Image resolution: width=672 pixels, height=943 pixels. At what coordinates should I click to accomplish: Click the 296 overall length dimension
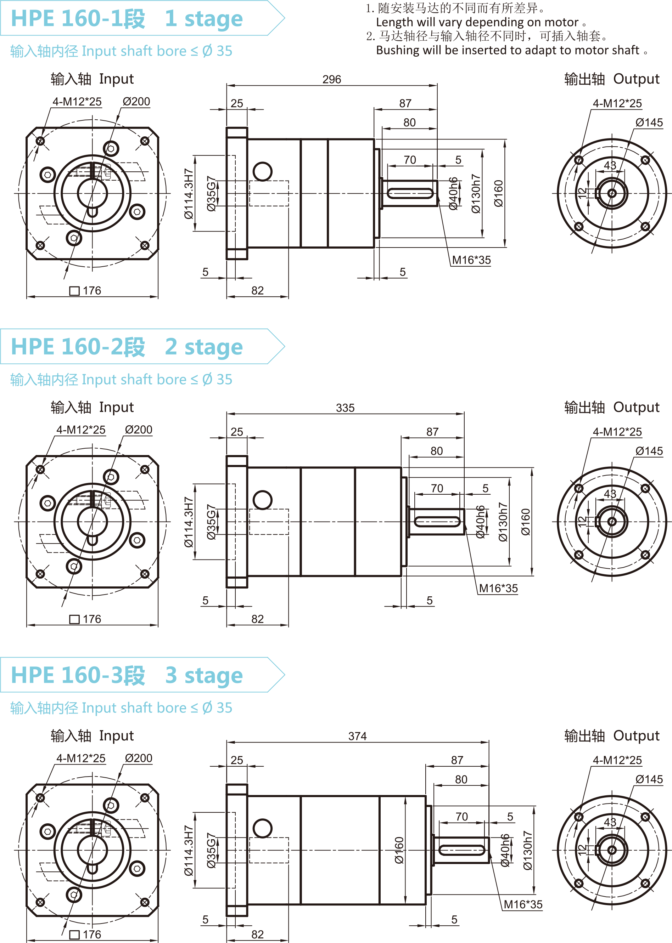coord(331,79)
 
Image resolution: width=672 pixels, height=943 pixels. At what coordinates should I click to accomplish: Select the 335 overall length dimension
coord(345,408)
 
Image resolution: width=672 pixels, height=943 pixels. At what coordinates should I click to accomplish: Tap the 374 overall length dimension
coord(357,736)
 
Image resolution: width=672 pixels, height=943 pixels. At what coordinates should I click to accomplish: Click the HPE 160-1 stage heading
coord(127,19)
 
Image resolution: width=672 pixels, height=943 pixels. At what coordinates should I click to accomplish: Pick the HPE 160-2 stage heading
coord(127,347)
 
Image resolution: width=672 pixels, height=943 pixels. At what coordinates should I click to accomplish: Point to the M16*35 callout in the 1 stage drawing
coord(471,260)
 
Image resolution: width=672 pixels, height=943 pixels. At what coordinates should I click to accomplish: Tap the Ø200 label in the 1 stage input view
coord(136,102)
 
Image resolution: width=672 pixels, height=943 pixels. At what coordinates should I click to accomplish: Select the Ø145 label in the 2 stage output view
coord(649,451)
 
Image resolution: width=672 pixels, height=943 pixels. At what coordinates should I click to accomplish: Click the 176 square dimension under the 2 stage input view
coord(91,619)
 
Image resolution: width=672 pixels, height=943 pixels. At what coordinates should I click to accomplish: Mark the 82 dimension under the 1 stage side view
coord(257,291)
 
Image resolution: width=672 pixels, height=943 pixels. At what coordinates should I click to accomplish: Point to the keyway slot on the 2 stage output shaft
coord(437,522)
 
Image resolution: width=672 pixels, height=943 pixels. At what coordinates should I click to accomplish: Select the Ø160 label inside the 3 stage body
coord(399,850)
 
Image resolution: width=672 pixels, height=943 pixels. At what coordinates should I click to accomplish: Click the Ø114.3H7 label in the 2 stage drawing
coord(189,522)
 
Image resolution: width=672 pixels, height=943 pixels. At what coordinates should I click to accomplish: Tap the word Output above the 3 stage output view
coord(636,736)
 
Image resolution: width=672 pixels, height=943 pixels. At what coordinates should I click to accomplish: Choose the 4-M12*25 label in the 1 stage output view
coord(617,103)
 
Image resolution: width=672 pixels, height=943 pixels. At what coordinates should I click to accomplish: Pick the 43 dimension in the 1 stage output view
coord(610,165)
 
